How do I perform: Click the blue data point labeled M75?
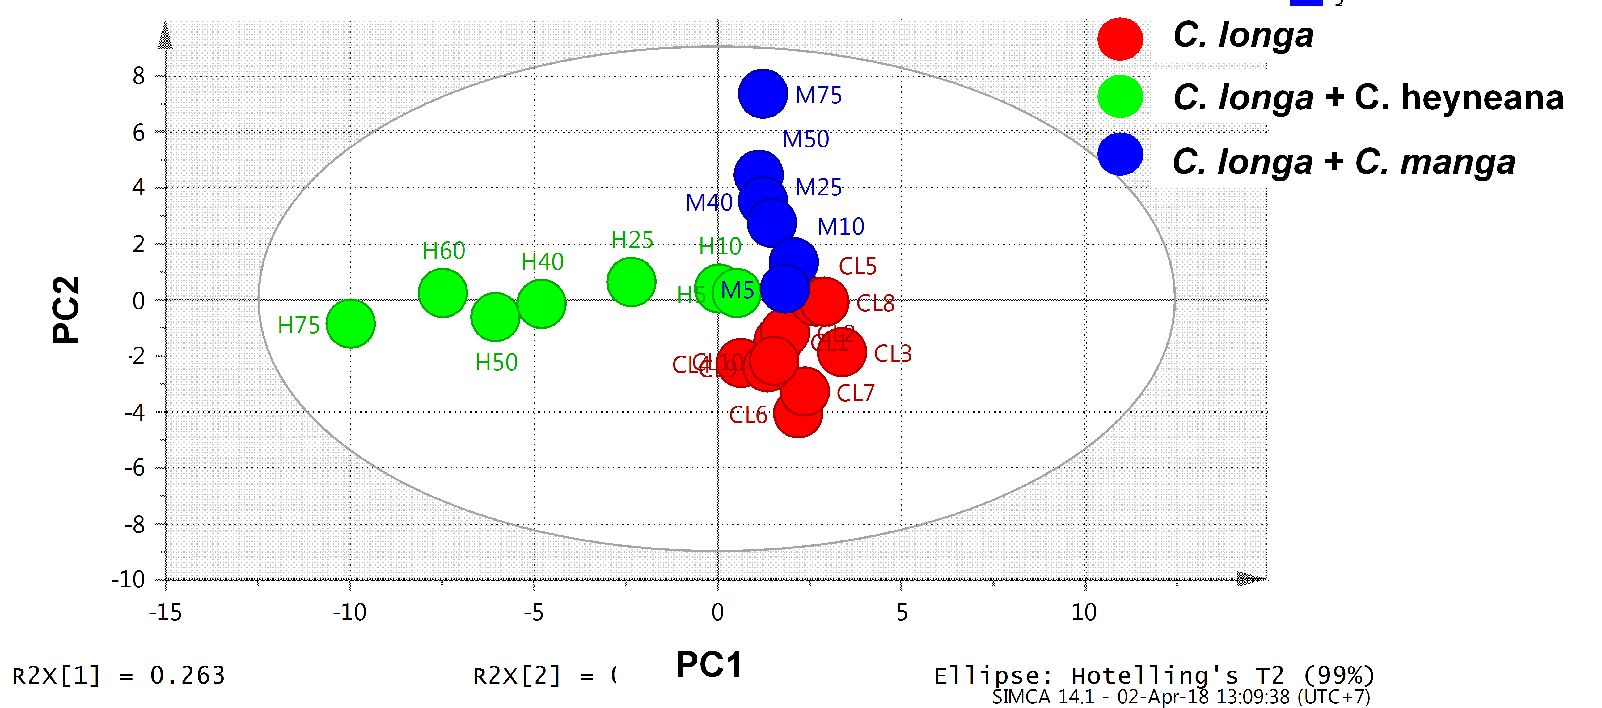click(x=763, y=94)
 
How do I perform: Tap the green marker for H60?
click(x=442, y=293)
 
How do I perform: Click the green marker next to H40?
click(x=541, y=304)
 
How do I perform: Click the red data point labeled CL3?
click(x=841, y=352)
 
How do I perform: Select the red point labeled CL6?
click(x=797, y=414)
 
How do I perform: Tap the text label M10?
click(x=840, y=226)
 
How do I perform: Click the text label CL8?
click(x=875, y=304)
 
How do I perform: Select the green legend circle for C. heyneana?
click(x=1119, y=96)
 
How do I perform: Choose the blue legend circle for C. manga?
click(x=1119, y=154)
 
